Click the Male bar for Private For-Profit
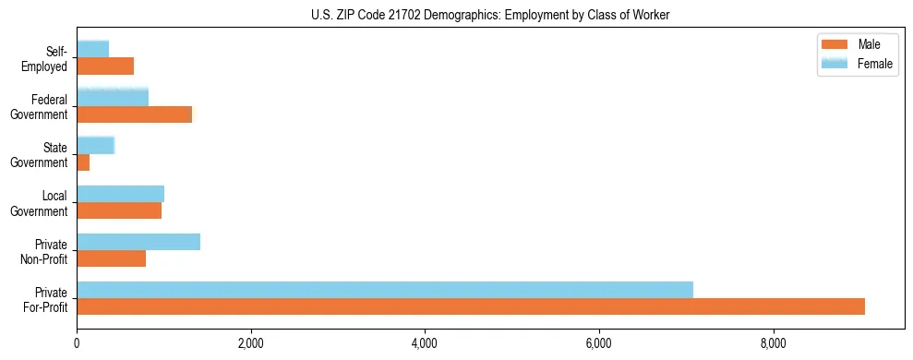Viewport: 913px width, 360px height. point(471,306)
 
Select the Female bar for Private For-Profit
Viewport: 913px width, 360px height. point(385,290)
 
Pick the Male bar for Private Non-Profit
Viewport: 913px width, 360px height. point(112,258)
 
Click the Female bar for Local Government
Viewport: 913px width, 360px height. point(121,193)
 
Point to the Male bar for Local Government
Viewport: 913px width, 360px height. point(119,210)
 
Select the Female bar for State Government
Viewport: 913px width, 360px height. point(96,145)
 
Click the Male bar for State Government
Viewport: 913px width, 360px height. point(83,162)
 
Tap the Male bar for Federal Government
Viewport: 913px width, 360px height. point(135,114)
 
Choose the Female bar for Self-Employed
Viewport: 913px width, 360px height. point(93,49)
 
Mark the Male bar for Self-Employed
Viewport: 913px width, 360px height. point(105,66)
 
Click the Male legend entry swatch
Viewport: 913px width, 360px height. point(835,45)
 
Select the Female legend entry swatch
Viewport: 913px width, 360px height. point(835,63)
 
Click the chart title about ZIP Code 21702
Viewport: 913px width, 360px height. point(490,15)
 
